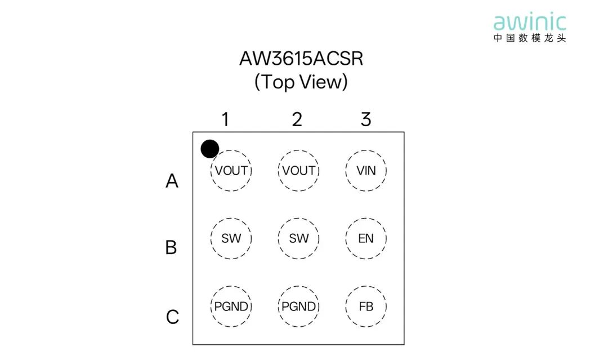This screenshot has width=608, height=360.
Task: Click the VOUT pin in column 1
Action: click(231, 171)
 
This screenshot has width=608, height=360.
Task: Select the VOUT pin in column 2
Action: click(298, 171)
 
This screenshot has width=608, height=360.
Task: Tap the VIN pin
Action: click(366, 171)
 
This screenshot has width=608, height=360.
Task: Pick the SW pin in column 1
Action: click(231, 238)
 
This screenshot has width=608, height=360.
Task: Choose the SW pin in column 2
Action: click(298, 238)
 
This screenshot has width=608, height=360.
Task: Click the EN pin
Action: click(366, 238)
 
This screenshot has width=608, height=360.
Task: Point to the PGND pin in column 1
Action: click(231, 306)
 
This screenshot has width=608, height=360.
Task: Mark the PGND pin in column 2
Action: click(298, 306)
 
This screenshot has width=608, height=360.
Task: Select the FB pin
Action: click(366, 306)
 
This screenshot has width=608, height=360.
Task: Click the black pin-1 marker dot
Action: click(210, 149)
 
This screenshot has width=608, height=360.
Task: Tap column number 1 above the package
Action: click(225, 119)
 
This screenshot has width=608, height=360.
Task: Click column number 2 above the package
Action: click(297, 119)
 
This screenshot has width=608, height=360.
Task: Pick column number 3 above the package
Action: click(366, 119)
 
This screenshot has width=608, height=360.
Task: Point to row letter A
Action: click(172, 181)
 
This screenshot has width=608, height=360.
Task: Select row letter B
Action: click(171, 247)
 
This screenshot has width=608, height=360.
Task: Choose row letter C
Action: click(173, 317)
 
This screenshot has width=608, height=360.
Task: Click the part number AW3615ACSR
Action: click(301, 59)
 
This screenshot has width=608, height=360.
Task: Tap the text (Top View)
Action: click(301, 82)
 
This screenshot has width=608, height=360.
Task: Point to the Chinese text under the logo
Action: click(530, 38)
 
